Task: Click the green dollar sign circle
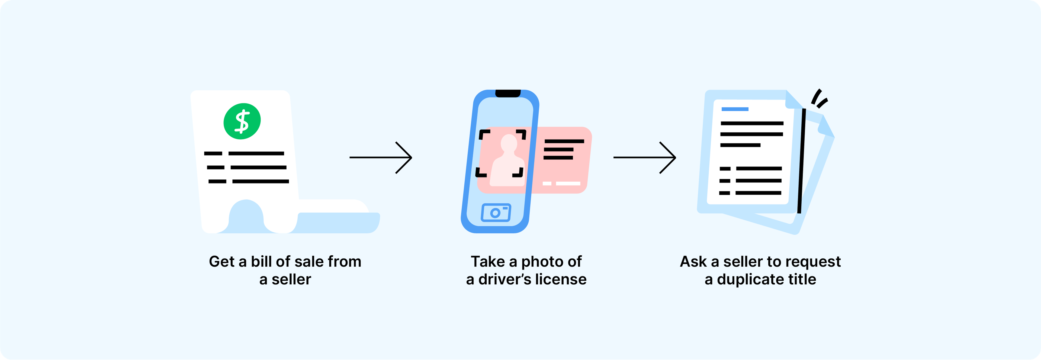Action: point(242,121)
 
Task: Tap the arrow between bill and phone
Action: point(381,157)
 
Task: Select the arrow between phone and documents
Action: point(645,157)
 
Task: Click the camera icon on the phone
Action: point(496,213)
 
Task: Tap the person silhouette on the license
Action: point(507,162)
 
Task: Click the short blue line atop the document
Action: point(735,109)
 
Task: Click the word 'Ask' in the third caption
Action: point(693,262)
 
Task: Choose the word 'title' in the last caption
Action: point(803,279)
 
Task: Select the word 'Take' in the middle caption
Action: point(488,262)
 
